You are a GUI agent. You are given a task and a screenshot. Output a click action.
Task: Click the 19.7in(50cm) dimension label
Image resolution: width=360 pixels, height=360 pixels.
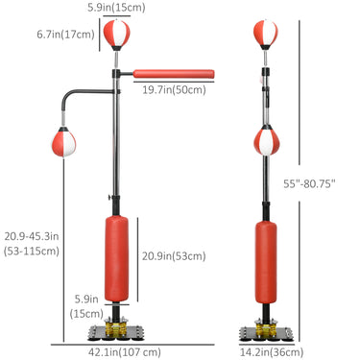174,90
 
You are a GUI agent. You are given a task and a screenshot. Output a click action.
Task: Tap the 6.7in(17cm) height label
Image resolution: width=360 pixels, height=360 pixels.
65,35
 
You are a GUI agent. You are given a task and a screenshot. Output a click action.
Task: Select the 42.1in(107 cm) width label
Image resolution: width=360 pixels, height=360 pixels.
125,352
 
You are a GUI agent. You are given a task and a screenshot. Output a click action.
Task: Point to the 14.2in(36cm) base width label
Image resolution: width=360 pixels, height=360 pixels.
272,352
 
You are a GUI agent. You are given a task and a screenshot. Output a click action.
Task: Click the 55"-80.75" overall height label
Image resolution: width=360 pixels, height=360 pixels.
309,183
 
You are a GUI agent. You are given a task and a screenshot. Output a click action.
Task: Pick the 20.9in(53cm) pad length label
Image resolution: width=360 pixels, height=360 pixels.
174,256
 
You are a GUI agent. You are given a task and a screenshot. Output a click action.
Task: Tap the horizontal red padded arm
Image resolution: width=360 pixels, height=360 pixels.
174,74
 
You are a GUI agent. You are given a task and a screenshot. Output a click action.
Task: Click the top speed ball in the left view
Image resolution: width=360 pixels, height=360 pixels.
116,34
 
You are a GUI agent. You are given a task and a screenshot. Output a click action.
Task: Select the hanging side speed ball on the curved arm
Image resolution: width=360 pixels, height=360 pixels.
64,142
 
